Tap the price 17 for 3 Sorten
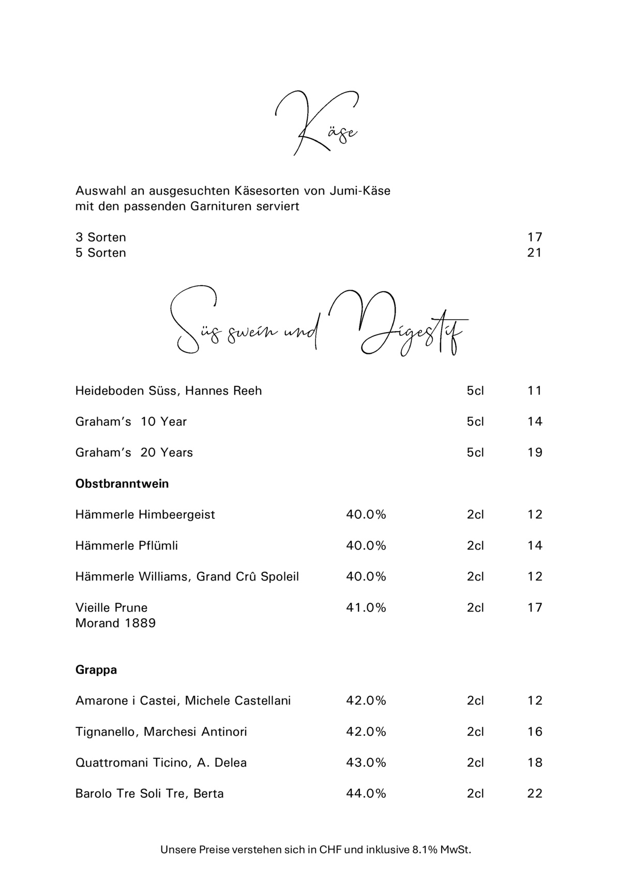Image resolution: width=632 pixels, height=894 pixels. [x=534, y=237]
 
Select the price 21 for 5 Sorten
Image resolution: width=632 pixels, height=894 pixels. [x=534, y=253]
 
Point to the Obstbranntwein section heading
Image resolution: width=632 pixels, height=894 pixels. [x=122, y=484]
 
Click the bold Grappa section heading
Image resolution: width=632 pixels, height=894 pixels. [x=96, y=670]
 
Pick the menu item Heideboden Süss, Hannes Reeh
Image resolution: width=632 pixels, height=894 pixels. [x=169, y=391]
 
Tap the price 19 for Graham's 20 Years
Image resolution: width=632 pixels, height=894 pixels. [x=535, y=453]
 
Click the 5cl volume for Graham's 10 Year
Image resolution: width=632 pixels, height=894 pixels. [x=475, y=422]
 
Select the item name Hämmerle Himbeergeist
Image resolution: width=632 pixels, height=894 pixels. [x=145, y=515]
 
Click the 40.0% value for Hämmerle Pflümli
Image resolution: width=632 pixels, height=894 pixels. [x=366, y=546]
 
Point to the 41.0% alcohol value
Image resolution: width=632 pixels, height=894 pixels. [x=366, y=608]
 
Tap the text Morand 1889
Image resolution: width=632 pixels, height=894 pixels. [x=115, y=623]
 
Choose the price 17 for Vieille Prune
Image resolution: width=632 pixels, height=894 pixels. [x=535, y=608]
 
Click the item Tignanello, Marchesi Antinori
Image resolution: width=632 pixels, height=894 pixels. [x=161, y=732]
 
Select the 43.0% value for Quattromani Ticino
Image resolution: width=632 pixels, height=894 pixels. [x=366, y=763]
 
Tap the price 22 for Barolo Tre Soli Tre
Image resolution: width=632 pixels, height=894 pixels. [x=535, y=794]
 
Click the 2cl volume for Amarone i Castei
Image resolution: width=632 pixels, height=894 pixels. [x=475, y=701]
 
